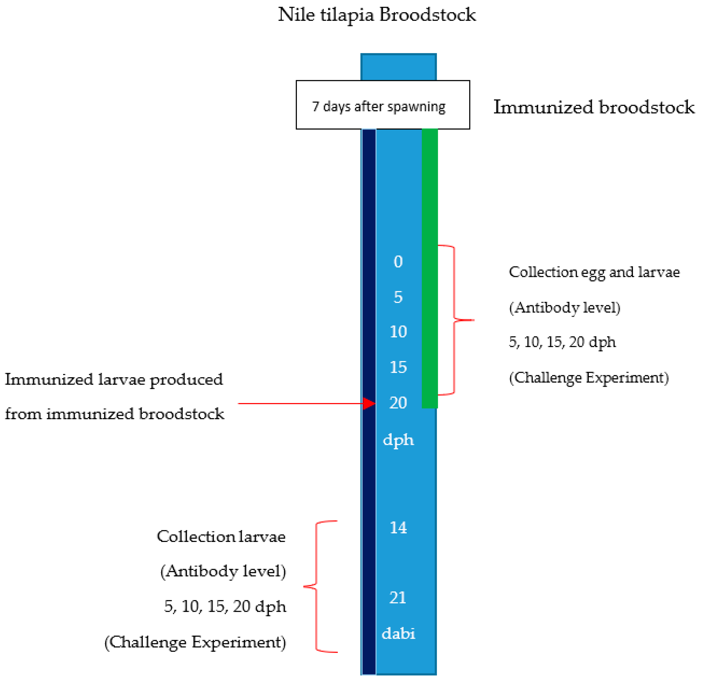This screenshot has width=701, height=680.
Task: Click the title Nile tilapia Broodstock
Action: click(x=377, y=15)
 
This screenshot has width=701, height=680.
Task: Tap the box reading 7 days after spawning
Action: click(x=383, y=105)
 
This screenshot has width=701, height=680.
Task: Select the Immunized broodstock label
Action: click(x=594, y=107)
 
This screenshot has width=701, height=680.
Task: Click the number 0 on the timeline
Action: click(x=398, y=262)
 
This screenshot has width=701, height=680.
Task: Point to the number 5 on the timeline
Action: click(x=398, y=297)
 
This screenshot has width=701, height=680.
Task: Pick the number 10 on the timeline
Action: click(x=398, y=332)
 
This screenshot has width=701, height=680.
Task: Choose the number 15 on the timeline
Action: click(x=398, y=367)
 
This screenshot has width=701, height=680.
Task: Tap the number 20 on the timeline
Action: click(x=398, y=403)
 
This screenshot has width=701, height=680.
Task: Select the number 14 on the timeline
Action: click(x=398, y=528)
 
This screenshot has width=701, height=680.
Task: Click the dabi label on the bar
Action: click(x=398, y=634)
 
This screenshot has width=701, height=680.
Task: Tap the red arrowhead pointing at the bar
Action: click(x=369, y=403)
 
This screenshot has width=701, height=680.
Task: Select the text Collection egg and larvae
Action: click(x=594, y=273)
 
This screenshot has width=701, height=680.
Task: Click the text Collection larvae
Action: click(x=221, y=537)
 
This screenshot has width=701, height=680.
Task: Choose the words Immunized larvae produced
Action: click(x=114, y=379)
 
